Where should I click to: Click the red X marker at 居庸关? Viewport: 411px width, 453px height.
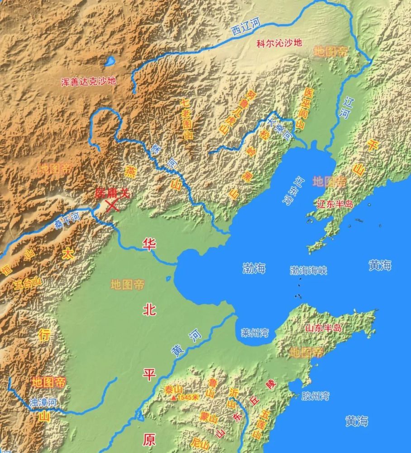pyautogui.click(x=112, y=205)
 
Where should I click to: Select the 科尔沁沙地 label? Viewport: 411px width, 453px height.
pyautogui.click(x=278, y=43)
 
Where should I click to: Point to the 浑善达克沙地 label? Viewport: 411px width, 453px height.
pyautogui.click(x=89, y=82)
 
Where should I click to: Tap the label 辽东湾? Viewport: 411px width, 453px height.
pyautogui.click(x=300, y=191)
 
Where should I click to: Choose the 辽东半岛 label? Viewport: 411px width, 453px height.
pyautogui.click(x=335, y=204)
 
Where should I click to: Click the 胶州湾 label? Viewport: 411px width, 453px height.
pyautogui.click(x=315, y=396)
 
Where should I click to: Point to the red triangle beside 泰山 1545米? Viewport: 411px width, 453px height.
pyautogui.click(x=173, y=398)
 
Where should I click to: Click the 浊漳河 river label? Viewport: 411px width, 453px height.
pyautogui.click(x=42, y=402)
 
